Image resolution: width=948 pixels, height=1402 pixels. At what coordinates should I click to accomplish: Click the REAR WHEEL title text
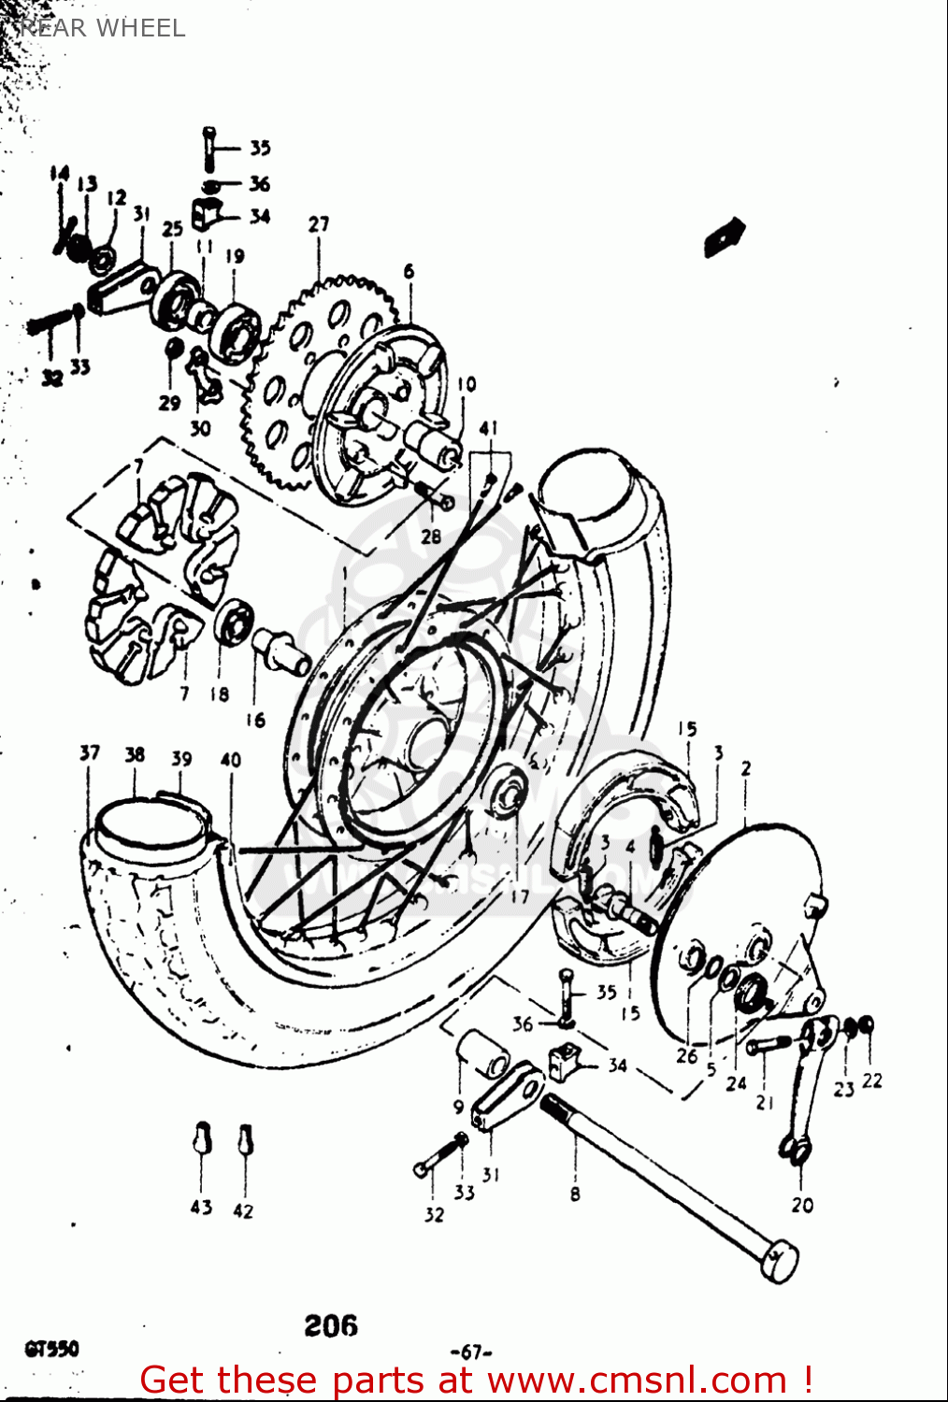tap(101, 28)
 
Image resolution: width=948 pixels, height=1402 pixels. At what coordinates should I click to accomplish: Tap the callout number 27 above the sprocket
tap(319, 224)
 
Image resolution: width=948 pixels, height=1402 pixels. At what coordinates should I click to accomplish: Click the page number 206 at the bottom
tap(330, 1325)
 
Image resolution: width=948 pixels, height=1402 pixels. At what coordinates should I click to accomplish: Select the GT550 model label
tap(51, 1349)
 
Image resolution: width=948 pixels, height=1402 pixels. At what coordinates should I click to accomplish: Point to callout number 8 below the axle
tap(575, 1194)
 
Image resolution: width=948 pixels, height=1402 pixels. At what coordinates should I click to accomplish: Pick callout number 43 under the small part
tap(201, 1208)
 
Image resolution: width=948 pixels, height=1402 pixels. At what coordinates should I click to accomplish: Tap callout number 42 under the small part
tap(243, 1210)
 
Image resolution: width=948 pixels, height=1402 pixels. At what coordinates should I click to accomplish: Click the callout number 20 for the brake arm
tap(802, 1205)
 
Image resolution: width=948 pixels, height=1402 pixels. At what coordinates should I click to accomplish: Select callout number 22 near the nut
tap(871, 1080)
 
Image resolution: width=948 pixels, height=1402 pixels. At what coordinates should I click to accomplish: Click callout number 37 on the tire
tap(90, 752)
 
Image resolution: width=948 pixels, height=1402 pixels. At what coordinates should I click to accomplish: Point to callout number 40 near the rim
tap(230, 760)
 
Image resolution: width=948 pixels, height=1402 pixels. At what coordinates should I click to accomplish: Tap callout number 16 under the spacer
tap(255, 720)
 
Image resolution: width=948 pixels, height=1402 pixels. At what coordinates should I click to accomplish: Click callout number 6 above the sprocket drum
tap(409, 271)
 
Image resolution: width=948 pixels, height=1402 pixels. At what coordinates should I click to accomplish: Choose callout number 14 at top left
tap(60, 173)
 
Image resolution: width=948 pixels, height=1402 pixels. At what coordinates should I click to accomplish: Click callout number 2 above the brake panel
tap(745, 768)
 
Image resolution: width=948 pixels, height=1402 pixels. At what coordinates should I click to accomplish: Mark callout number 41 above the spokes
tap(488, 428)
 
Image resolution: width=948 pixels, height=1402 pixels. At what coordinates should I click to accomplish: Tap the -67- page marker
tap(471, 1352)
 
